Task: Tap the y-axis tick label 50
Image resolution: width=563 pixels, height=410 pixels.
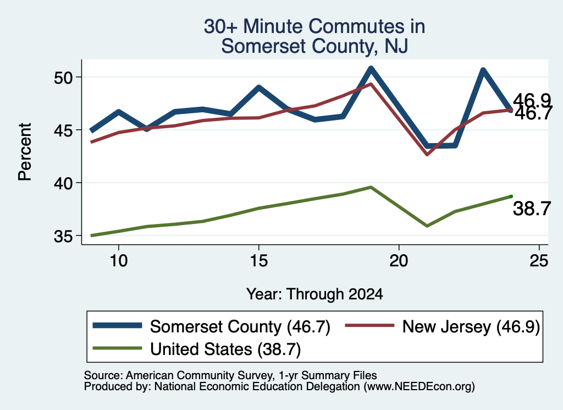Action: point(64,78)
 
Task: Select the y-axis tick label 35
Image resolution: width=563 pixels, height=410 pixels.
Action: point(64,236)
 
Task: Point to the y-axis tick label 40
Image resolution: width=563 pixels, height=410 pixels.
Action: point(64,183)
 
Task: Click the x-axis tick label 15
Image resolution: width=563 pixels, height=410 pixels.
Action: point(258,260)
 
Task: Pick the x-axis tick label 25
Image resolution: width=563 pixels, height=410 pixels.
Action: point(539,260)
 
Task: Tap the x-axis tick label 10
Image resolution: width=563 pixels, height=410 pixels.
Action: point(119,260)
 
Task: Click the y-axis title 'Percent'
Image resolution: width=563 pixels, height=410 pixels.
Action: point(25,152)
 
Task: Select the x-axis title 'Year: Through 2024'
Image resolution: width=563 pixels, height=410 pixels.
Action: point(314,294)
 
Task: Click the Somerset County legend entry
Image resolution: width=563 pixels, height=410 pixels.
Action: point(211,327)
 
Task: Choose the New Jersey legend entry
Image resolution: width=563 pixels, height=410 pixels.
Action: point(443,327)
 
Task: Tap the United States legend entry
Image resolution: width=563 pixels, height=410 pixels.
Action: point(197,349)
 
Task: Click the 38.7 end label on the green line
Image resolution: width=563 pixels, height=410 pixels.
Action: point(532,209)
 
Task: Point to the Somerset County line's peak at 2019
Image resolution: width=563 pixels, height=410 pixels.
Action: point(371,68)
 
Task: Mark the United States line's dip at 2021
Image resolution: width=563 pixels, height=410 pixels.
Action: point(427,226)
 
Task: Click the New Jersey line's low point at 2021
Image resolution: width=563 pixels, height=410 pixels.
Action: point(427,155)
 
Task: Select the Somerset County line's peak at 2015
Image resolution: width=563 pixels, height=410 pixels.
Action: point(258,87)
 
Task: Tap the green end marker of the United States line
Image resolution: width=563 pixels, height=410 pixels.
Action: point(511,196)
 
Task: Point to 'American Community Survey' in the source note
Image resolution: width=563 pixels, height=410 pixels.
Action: point(199,375)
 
